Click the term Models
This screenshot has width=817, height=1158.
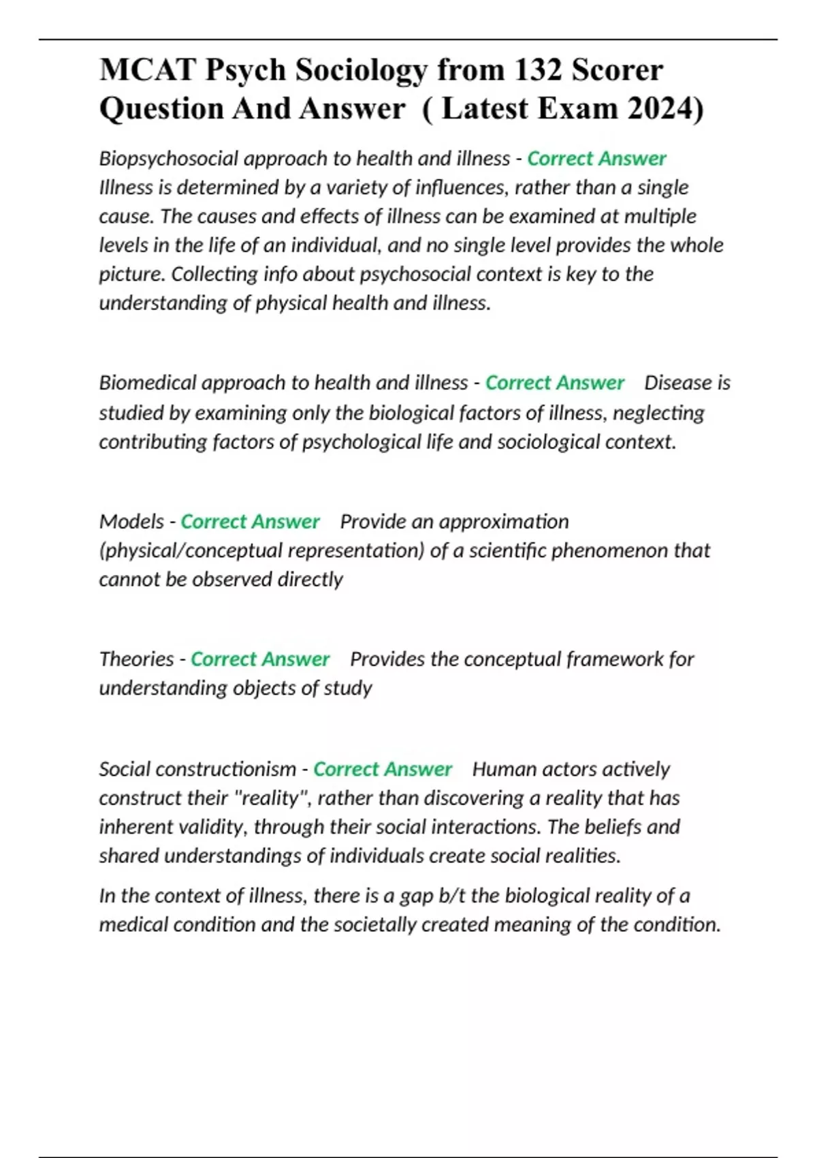[131, 522]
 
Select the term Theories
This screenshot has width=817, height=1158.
[136, 659]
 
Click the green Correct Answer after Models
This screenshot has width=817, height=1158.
[250, 522]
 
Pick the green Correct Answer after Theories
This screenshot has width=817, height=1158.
[260, 659]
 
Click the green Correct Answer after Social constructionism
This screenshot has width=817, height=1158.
[383, 770]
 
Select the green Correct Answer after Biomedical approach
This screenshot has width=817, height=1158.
[555, 383]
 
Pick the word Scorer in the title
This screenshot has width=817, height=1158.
[617, 70]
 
